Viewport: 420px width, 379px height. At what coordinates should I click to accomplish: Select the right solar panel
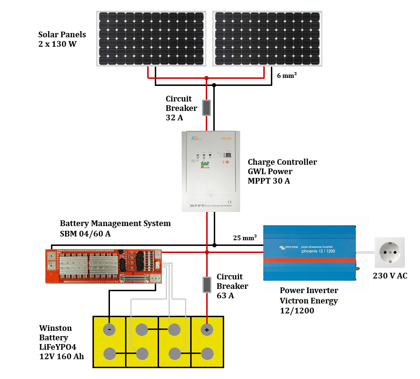pyautogui.click(x=268, y=38)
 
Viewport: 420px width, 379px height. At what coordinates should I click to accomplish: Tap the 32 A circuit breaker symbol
pyautogui.click(x=206, y=108)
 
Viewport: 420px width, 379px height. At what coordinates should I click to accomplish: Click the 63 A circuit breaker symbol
pyautogui.click(x=206, y=285)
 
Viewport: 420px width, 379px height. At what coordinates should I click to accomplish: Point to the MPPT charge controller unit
pyautogui.click(x=211, y=171)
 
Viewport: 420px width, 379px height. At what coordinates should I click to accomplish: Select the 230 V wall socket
pyautogui.click(x=389, y=253)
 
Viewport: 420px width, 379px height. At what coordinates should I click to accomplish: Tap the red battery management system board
pyautogui.click(x=104, y=266)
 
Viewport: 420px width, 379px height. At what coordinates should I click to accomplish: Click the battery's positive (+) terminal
pyautogui.click(x=206, y=329)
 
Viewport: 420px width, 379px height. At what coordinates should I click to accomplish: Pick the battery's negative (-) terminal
pyautogui.click(x=109, y=329)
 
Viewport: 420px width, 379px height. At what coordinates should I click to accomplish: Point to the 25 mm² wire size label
pyautogui.click(x=244, y=237)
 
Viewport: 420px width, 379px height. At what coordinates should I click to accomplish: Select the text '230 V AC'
pyautogui.click(x=390, y=276)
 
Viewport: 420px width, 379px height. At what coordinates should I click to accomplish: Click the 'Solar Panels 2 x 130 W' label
pyautogui.click(x=62, y=39)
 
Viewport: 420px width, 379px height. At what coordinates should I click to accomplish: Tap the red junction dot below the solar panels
pyautogui.click(x=206, y=78)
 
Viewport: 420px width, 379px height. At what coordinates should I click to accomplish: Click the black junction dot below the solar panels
pyautogui.click(x=214, y=85)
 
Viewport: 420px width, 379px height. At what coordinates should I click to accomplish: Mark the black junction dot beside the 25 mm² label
pyautogui.click(x=214, y=245)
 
